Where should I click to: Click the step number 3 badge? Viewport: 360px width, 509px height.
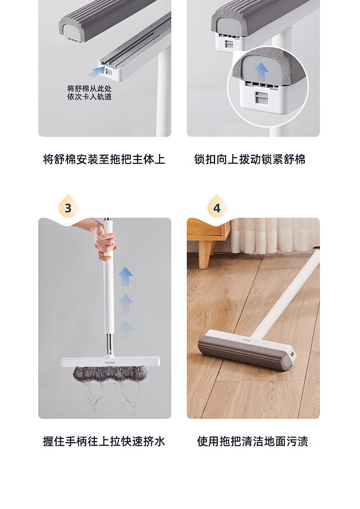(68, 208)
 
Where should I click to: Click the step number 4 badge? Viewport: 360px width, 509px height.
(216, 208)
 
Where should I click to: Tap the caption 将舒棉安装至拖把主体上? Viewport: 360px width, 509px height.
(104, 159)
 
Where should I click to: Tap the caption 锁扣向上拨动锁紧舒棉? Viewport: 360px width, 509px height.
(250, 159)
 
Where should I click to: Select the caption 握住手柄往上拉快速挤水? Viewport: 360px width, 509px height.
(104, 441)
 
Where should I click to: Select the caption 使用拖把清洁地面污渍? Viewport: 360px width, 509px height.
(252, 441)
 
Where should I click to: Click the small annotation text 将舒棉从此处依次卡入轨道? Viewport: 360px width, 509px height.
(89, 93)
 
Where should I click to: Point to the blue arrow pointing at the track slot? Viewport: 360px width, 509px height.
(97, 72)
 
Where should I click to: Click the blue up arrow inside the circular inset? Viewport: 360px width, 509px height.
(261, 72)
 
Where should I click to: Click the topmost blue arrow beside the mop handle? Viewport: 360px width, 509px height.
(125, 277)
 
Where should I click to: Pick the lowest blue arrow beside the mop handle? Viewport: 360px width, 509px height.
(125, 329)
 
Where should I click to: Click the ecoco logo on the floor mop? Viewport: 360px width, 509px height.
(247, 339)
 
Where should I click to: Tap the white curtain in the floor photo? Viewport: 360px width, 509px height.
(273, 235)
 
